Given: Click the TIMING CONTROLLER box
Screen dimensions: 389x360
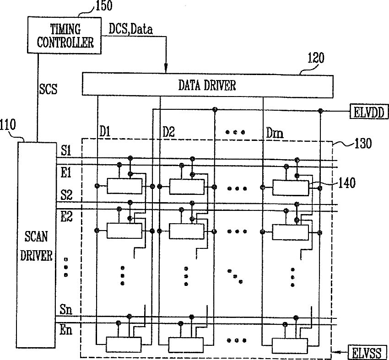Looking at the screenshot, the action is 64,35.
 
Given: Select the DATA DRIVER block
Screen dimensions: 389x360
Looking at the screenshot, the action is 207,85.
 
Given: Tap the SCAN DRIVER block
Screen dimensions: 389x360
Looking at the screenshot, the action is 37,245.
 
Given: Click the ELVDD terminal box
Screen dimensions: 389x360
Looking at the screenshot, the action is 369,112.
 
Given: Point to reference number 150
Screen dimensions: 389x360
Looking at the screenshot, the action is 104,5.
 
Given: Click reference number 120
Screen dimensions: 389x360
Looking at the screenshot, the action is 316,58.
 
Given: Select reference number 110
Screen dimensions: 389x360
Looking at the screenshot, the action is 8,125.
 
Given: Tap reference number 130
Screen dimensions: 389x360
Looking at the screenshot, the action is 363,143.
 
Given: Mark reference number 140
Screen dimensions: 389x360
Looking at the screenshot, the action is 347,183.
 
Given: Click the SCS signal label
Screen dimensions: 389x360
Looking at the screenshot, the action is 48,89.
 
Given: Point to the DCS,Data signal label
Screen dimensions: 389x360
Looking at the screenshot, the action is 131,29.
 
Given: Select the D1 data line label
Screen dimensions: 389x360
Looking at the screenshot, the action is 105,132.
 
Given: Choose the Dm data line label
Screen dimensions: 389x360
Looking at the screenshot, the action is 275,133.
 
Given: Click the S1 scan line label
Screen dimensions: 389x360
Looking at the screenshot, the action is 66,150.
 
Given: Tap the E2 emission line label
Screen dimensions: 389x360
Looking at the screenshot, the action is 66,216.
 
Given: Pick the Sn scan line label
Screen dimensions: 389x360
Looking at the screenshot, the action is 66,309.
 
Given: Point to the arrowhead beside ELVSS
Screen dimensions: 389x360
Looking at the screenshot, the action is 336,352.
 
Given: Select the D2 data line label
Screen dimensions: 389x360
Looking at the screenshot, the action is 169,132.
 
